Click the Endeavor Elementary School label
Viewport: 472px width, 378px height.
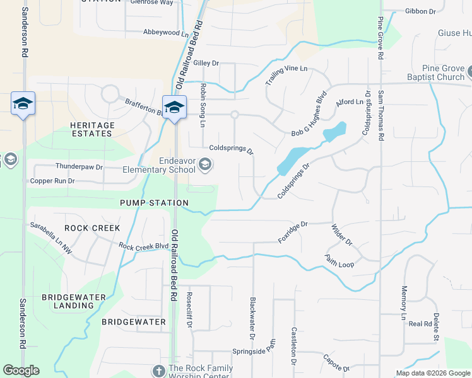coord(168,165)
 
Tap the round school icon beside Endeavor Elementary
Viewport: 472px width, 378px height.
coord(205,165)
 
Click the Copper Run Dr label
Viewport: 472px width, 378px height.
coord(52,181)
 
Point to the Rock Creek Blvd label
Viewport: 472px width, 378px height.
coord(144,246)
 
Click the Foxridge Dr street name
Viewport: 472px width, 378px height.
coord(293,232)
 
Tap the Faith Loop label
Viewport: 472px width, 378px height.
coord(339,260)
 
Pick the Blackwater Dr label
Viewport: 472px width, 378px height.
coord(252,318)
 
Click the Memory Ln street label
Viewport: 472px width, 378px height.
coord(404,303)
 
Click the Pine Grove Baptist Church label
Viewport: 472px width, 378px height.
coord(442,72)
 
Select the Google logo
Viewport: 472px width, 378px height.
coord(21,370)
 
